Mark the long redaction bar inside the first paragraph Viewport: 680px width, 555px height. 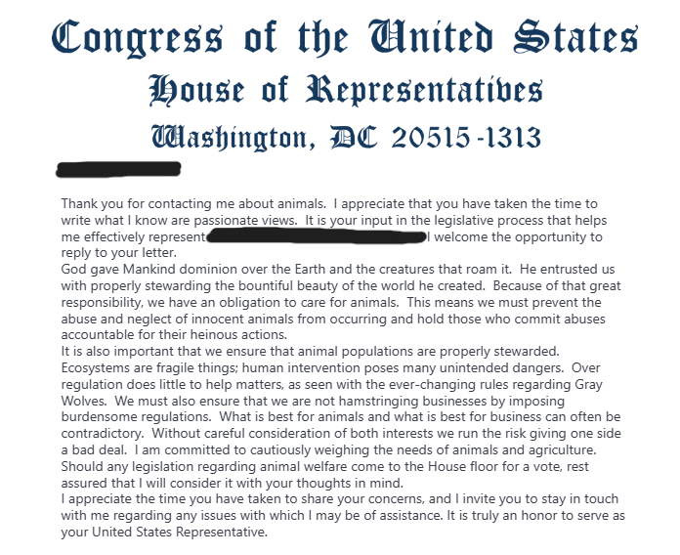click(316, 236)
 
